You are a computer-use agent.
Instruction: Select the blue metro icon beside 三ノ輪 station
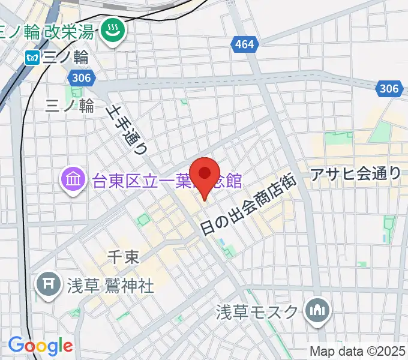[x=31, y=58]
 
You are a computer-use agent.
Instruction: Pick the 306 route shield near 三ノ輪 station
[x=79, y=77]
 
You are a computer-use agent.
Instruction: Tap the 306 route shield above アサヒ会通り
[x=389, y=89]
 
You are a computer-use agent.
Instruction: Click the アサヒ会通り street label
[x=356, y=174]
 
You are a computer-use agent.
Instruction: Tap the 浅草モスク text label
[x=257, y=312]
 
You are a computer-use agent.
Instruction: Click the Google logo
[x=40, y=346]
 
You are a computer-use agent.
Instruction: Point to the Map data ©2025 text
[x=358, y=350]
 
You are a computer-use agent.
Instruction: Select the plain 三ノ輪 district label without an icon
[x=70, y=106]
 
